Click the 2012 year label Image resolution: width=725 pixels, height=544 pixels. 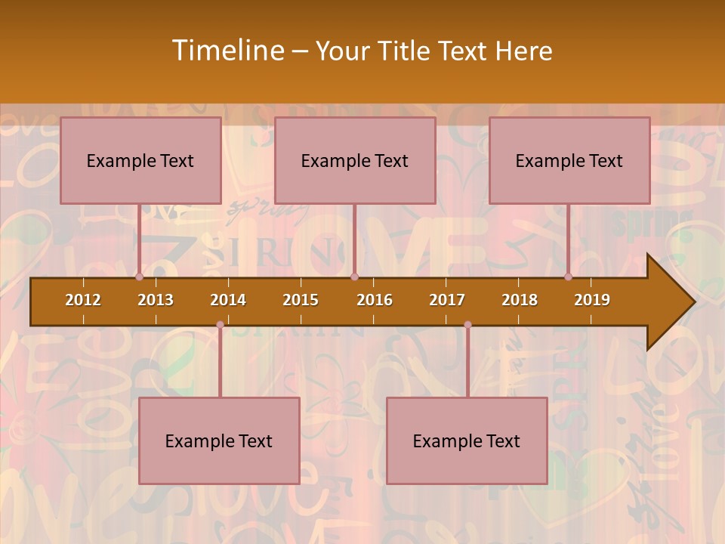click(x=83, y=300)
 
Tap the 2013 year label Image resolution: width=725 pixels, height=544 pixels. click(x=156, y=300)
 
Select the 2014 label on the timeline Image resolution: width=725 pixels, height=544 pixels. click(x=228, y=300)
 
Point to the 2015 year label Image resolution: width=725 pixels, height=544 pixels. click(x=301, y=300)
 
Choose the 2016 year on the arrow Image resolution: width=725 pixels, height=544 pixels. click(x=375, y=300)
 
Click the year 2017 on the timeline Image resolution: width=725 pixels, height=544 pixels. click(x=447, y=300)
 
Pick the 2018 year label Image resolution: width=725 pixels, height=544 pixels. click(x=520, y=300)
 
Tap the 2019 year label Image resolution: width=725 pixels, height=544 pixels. click(x=592, y=300)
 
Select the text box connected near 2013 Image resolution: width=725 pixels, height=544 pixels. click(x=140, y=161)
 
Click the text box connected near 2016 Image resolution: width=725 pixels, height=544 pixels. click(x=355, y=161)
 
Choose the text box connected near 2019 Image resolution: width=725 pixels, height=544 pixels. click(x=569, y=161)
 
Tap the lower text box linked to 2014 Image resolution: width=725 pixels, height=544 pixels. click(x=219, y=441)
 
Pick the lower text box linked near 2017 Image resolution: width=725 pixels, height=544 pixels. click(x=467, y=441)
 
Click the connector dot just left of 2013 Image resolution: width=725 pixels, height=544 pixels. click(x=140, y=277)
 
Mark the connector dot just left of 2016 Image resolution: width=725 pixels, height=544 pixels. click(x=354, y=277)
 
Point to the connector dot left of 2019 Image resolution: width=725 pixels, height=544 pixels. click(x=569, y=277)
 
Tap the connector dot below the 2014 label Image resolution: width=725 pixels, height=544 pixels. click(x=220, y=325)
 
